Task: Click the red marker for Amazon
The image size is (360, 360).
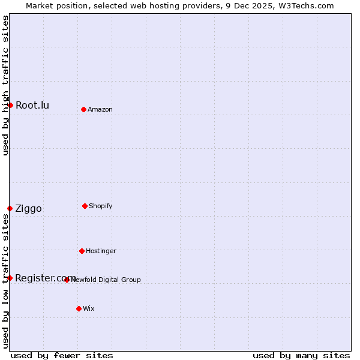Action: point(83,109)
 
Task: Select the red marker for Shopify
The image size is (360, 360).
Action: point(85,206)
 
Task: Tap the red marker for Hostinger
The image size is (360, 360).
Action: point(82,251)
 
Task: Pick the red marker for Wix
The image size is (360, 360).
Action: point(79,308)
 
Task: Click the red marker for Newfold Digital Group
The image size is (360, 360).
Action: point(67,280)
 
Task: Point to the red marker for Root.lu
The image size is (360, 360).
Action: point(10,105)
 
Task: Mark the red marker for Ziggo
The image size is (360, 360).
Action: point(10,208)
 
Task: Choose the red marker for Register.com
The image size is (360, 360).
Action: point(10,278)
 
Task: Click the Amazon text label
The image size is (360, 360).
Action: point(100,109)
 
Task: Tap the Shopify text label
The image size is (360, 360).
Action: point(101,206)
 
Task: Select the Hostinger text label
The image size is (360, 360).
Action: point(101,251)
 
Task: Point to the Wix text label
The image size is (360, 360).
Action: point(89,308)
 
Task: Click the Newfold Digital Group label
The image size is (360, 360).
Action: point(106,280)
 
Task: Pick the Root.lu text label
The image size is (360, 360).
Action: point(32,106)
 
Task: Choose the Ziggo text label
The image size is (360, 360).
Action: point(29,209)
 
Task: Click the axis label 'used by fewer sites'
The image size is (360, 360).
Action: point(62,355)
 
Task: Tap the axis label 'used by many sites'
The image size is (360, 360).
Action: point(301,355)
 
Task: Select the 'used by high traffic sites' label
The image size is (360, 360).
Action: point(5,85)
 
